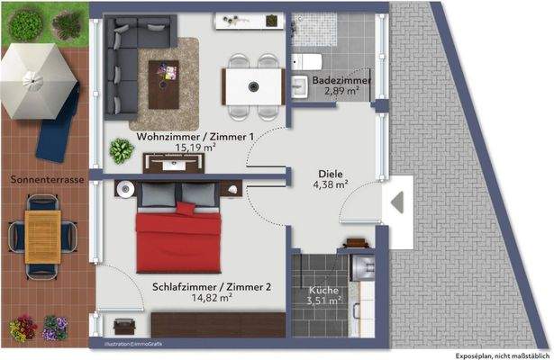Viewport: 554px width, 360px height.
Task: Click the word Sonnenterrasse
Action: (x=48, y=180)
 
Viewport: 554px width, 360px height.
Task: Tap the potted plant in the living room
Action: (x=120, y=150)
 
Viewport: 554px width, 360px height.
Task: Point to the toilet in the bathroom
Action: (x=306, y=60)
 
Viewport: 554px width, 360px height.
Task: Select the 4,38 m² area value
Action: (x=331, y=186)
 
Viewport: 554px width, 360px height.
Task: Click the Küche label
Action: (x=323, y=291)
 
